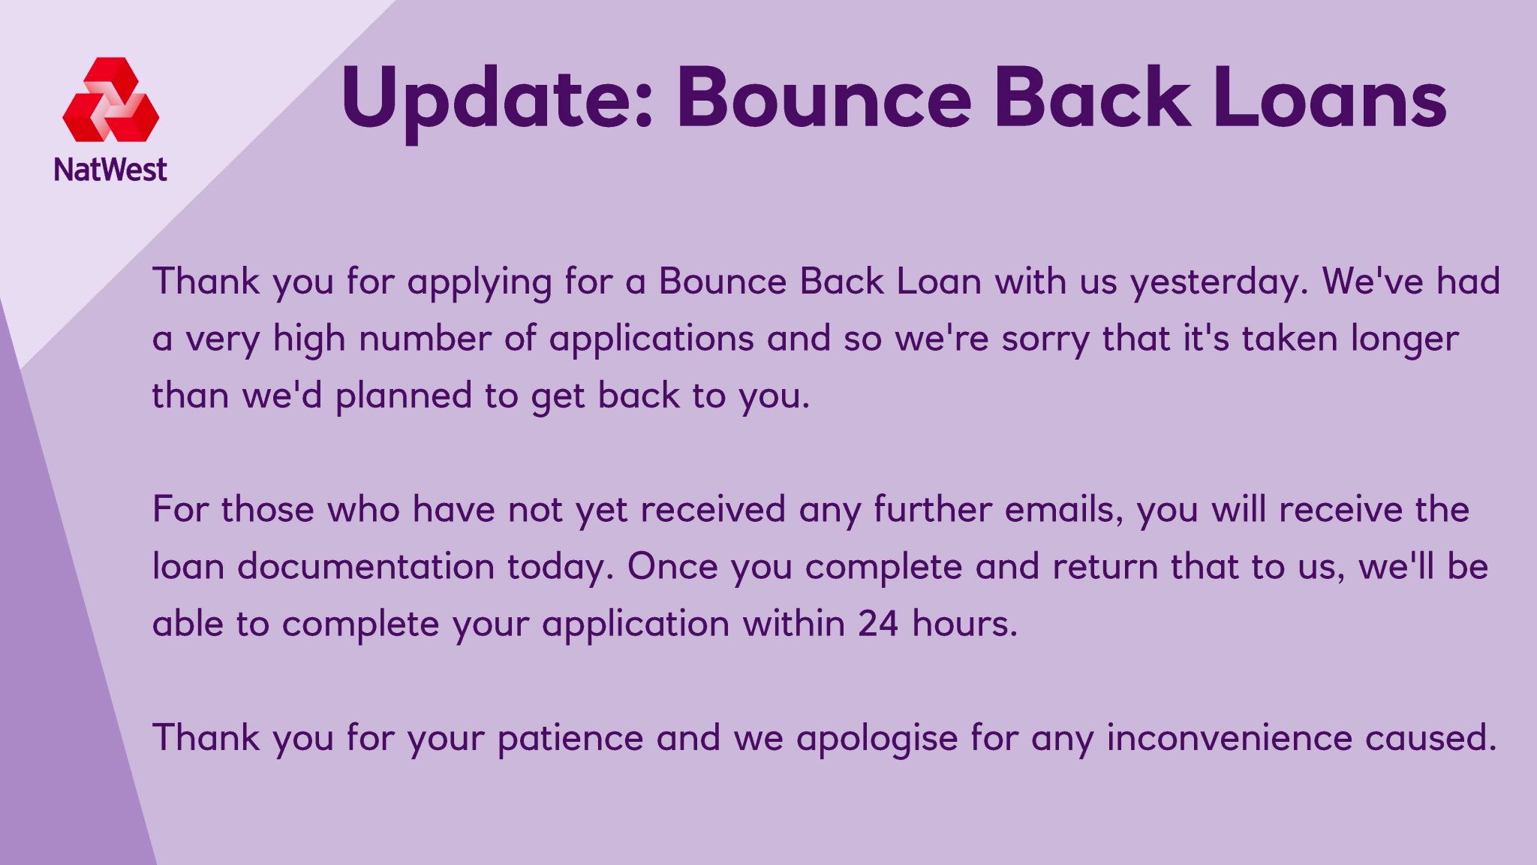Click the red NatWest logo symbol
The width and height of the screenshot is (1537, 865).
pos(111,100)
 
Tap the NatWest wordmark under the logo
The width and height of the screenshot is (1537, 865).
pos(110,170)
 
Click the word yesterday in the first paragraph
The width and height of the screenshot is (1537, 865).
pos(1219,283)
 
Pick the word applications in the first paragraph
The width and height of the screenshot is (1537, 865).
pos(651,340)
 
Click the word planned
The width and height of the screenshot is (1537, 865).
pos(404,397)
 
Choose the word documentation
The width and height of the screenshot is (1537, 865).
pos(366,567)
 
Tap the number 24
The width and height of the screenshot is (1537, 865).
pos(878,625)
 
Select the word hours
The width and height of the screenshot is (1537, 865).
pos(964,624)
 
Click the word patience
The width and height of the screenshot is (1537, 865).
pos(570,740)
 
